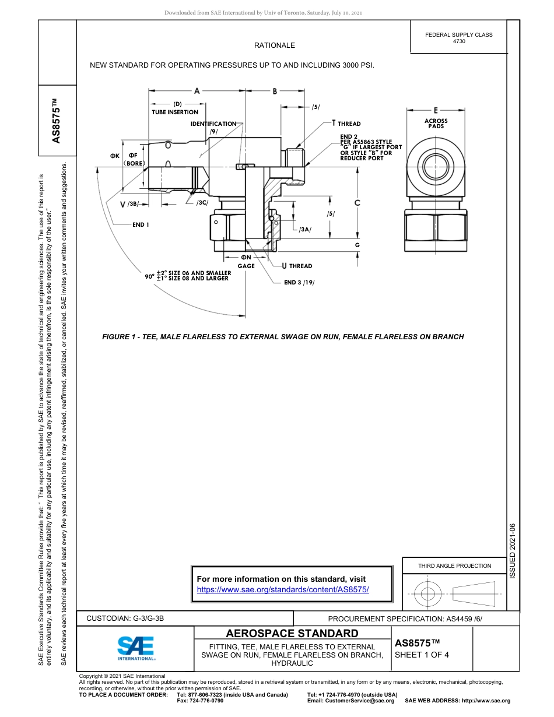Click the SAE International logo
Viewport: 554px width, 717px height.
point(136,648)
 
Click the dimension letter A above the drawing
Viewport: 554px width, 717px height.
point(197,91)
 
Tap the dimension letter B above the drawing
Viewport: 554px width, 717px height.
point(275,91)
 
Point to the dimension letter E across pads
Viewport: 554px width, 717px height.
point(436,110)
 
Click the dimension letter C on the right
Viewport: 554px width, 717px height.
point(357,203)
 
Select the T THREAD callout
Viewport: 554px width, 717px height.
point(346,124)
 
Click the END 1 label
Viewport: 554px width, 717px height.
point(141,224)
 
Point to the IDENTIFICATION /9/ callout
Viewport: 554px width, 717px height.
point(213,127)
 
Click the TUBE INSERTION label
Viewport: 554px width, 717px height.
point(175,112)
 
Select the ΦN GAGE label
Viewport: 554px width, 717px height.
point(246,261)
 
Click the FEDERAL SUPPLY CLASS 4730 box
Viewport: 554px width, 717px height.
point(458,38)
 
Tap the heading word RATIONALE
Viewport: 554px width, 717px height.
point(274,45)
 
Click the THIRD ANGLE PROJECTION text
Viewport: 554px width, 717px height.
point(454,565)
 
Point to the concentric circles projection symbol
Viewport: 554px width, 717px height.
point(428,594)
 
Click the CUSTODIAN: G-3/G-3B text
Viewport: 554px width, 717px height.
point(129,618)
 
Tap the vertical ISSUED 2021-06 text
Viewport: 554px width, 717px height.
point(513,550)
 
